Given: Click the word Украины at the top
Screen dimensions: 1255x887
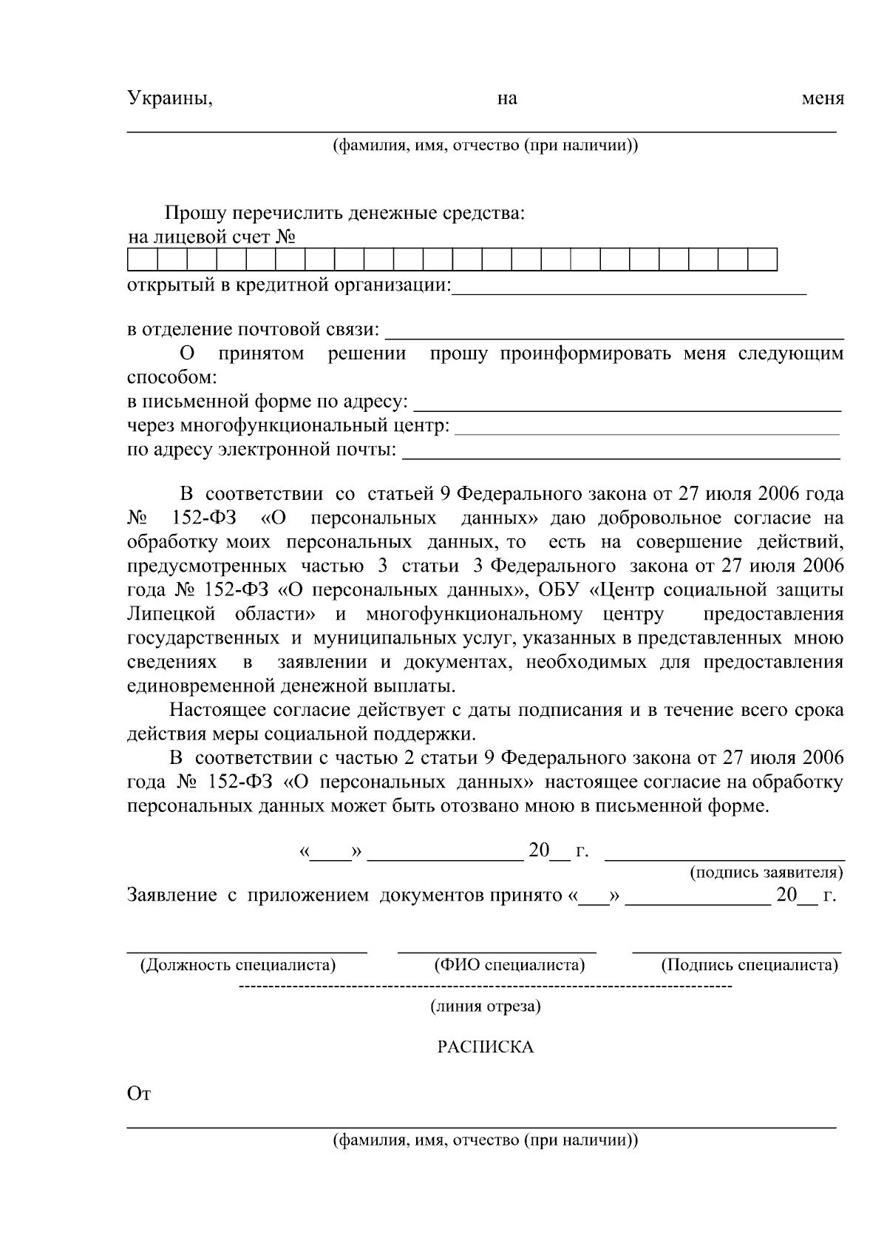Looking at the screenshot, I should pyautogui.click(x=169, y=98).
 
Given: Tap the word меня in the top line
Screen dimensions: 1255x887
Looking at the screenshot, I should pyautogui.click(x=823, y=98).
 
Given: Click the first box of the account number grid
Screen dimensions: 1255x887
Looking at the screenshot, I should pyautogui.click(x=143, y=260).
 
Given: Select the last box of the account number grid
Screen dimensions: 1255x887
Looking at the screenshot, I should pyautogui.click(x=762, y=260).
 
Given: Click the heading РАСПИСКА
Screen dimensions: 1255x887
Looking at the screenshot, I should pyautogui.click(x=485, y=1047).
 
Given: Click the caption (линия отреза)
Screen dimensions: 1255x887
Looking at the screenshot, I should pyautogui.click(x=485, y=1007).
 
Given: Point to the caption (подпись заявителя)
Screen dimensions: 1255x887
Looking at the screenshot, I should pyautogui.click(x=766, y=873).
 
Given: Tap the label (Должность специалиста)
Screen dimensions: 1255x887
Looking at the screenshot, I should pyautogui.click(x=237, y=965).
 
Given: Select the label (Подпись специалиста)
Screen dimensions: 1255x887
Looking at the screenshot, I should pyautogui.click(x=749, y=965).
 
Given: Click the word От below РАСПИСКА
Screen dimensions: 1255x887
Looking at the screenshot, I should pyautogui.click(x=139, y=1095).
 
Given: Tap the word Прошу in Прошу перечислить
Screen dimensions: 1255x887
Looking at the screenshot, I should pyautogui.click(x=194, y=214).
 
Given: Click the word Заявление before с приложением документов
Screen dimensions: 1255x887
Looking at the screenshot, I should pyautogui.click(x=171, y=896).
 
